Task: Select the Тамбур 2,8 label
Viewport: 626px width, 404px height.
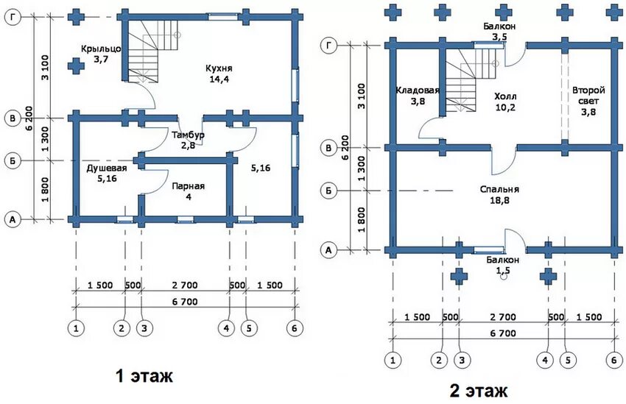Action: (x=188, y=141)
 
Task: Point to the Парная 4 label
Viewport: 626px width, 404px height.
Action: (x=189, y=191)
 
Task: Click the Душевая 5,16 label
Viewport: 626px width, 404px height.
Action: (x=107, y=173)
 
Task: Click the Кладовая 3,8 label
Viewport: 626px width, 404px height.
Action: (x=417, y=96)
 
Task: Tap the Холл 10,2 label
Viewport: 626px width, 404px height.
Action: (x=506, y=102)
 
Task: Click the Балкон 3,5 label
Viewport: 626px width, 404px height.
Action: (x=499, y=31)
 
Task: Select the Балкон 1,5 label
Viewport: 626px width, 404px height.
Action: (x=503, y=266)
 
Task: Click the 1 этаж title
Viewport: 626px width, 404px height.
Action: (x=144, y=377)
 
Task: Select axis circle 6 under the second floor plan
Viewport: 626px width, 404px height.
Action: (x=613, y=360)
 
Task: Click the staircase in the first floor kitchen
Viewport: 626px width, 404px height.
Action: (x=152, y=52)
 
